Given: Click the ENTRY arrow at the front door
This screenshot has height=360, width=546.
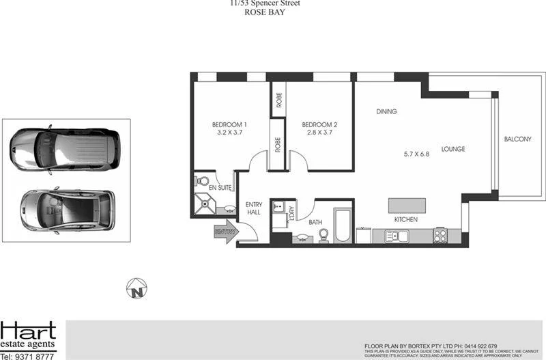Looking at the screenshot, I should click(226, 233).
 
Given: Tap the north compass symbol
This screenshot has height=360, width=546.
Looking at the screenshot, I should click(138, 288).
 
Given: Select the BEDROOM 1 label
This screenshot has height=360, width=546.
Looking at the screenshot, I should click(229, 124).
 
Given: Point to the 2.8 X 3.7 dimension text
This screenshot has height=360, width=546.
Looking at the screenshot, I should click(319, 133).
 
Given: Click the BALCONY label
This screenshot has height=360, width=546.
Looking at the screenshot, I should click(517, 139).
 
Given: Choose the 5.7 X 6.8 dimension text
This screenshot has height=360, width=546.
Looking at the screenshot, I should click(416, 154).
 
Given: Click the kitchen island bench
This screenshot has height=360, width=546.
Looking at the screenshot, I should click(407, 206).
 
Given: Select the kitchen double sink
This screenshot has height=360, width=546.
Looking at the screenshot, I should click(397, 236).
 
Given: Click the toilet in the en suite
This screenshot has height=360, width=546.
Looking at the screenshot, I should click(201, 182).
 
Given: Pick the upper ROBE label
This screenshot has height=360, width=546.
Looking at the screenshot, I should click(278, 100).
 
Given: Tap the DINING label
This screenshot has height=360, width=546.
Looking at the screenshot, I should click(386, 111).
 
